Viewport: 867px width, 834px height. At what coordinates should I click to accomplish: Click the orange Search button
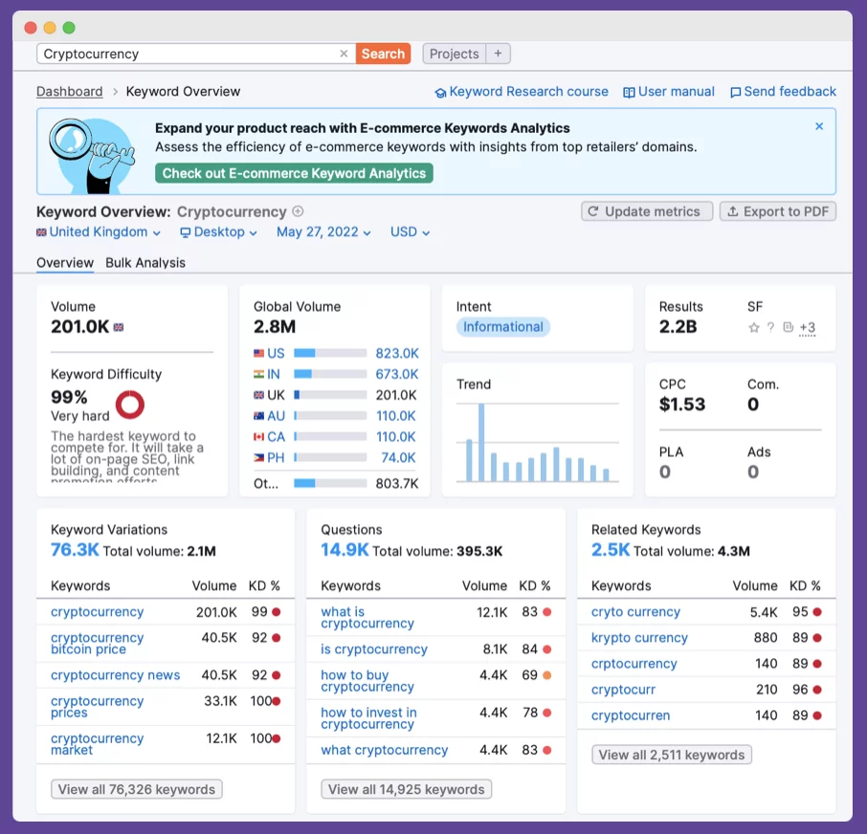pyautogui.click(x=383, y=54)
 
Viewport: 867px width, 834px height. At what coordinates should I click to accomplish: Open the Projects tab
pyautogui.click(x=454, y=54)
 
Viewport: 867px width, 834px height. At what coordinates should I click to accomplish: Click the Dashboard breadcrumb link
pyautogui.click(x=69, y=92)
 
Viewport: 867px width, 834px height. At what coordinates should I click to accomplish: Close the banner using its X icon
pyautogui.click(x=819, y=126)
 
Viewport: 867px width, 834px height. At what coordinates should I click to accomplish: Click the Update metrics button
pyautogui.click(x=647, y=211)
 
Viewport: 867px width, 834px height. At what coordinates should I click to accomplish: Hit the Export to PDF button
pyautogui.click(x=777, y=211)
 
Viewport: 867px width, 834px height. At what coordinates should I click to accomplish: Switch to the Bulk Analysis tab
pyautogui.click(x=145, y=263)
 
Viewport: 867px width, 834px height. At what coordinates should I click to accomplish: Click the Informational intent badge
pyautogui.click(x=503, y=327)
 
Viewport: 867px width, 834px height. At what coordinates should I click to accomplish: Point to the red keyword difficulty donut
pyautogui.click(x=129, y=405)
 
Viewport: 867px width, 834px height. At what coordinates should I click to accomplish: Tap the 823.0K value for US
pyautogui.click(x=396, y=353)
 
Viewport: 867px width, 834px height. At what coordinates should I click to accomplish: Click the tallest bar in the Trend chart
pyautogui.click(x=481, y=442)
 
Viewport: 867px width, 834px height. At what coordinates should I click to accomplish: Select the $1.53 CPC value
pyautogui.click(x=682, y=405)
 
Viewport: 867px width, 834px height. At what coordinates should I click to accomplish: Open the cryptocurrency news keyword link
pyautogui.click(x=115, y=675)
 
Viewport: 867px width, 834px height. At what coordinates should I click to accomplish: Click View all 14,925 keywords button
pyautogui.click(x=407, y=789)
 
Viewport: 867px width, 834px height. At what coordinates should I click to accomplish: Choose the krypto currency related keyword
pyautogui.click(x=639, y=638)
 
